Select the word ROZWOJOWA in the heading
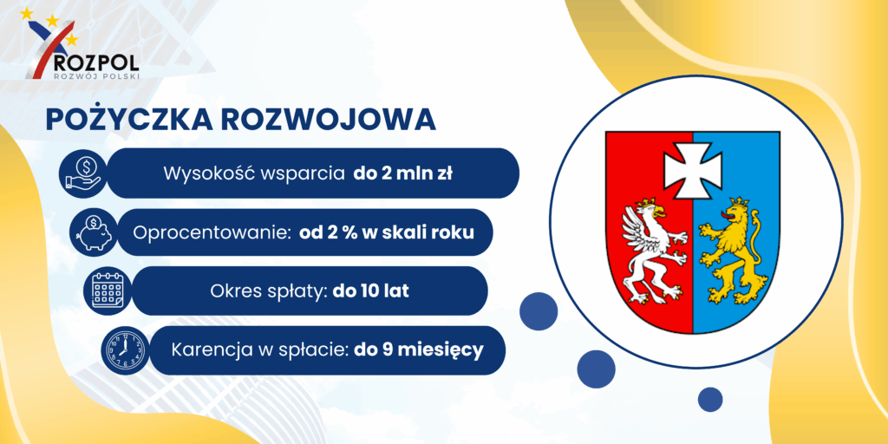tap(329, 120)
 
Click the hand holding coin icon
tap(82, 173)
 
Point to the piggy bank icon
tap(94, 232)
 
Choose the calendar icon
tap(107, 291)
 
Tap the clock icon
tap(125, 350)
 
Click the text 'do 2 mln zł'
tap(403, 173)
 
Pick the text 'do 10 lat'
tap(371, 291)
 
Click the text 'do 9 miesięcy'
tap(419, 350)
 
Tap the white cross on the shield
tap(693, 170)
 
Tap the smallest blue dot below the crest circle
tap(710, 399)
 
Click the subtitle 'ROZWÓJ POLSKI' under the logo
tap(95, 76)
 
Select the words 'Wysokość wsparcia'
tap(254, 173)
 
